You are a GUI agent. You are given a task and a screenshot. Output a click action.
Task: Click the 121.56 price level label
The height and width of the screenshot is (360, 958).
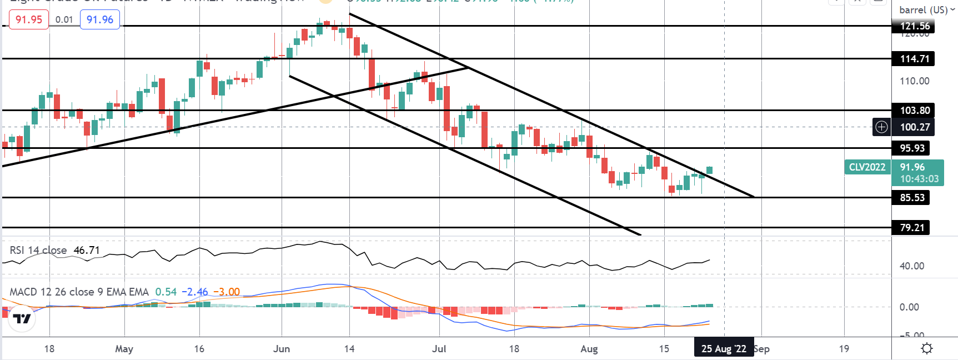pos(914,26)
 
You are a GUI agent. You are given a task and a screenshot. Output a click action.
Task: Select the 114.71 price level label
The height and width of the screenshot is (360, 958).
pos(914,59)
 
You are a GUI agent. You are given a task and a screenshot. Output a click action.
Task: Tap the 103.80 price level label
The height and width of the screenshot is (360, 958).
pos(914,111)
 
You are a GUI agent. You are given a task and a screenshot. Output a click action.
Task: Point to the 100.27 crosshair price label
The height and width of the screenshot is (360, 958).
pos(914,127)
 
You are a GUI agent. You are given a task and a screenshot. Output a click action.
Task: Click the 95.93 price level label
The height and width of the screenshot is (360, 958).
pos(911,148)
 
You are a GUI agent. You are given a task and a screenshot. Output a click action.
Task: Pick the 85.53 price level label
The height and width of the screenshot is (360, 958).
pos(911,198)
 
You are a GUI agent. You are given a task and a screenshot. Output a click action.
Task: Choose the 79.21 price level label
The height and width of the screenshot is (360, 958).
pos(911,228)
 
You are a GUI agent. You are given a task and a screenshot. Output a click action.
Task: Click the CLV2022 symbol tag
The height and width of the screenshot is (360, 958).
pos(867,167)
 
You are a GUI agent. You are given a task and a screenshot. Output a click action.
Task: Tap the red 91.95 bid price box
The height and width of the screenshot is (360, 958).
pos(29,19)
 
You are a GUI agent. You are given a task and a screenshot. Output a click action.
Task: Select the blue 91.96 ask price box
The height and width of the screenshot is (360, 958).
pos(100,19)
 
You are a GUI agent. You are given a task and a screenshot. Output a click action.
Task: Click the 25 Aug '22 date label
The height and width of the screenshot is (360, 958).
pos(724,349)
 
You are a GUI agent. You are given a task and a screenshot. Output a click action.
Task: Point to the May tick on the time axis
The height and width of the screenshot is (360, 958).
pos(124,349)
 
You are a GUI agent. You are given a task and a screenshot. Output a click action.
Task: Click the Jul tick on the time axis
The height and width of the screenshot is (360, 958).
pos(439,349)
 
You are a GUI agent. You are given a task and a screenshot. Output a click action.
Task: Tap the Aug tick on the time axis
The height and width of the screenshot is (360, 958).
pos(589,349)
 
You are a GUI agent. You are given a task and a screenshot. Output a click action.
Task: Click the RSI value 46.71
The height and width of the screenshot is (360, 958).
pos(87,251)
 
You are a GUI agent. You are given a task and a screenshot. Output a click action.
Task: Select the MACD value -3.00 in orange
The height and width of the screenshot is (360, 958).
pos(227,292)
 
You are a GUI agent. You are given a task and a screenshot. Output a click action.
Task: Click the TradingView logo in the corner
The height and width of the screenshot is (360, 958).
pos(22,318)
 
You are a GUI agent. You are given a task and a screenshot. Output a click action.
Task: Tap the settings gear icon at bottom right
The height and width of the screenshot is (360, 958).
pos(926,349)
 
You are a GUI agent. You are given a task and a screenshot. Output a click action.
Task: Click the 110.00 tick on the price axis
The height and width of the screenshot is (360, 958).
pos(914,81)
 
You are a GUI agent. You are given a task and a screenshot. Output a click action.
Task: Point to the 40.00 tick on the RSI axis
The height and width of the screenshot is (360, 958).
pos(912,266)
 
